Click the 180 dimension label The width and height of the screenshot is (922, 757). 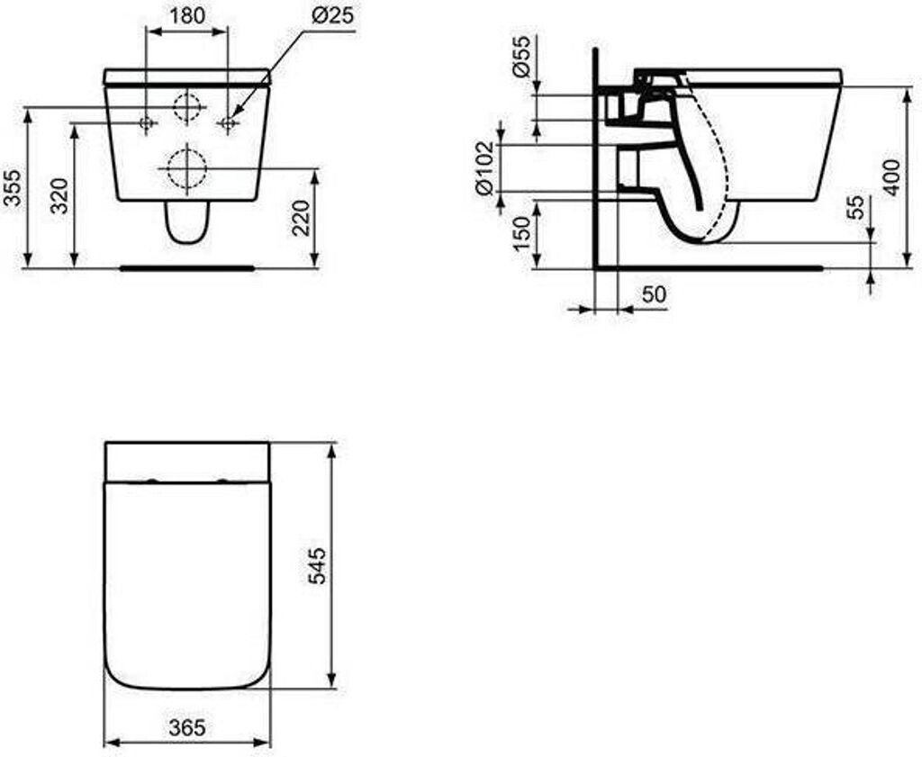pos(187,16)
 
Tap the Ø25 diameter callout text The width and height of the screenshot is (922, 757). pos(333,16)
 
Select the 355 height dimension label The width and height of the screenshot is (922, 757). pos(14,188)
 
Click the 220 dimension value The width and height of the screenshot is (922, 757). pos(301,218)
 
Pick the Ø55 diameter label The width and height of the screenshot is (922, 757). pos(521,56)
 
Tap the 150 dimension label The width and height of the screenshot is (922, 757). pos(521,233)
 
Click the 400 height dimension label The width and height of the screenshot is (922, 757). pos(891,177)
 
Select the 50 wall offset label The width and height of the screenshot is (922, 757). pos(654,293)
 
